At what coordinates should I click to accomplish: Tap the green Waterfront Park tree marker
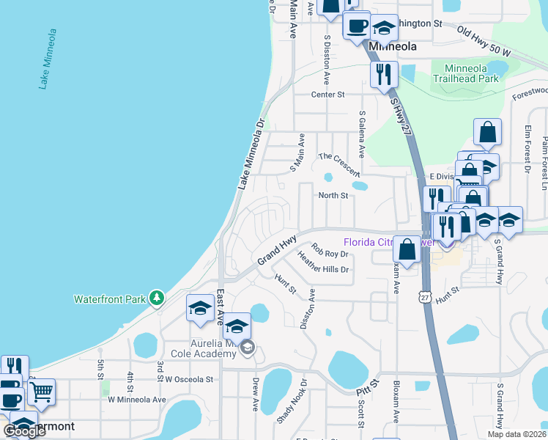155,298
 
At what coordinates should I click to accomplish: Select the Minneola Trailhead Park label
465,72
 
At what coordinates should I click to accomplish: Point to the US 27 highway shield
425,296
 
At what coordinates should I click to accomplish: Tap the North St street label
333,196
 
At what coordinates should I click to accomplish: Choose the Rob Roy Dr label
329,251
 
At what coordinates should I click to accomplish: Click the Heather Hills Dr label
323,263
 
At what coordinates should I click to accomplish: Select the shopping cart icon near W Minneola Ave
41,392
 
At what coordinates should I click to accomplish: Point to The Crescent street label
339,164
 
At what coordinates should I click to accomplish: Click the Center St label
327,95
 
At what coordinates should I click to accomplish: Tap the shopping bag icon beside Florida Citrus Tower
408,249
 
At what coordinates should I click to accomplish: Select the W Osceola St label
188,379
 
